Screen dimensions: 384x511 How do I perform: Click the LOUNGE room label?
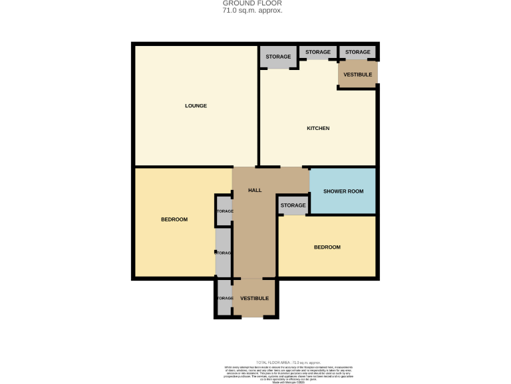tap(196, 105)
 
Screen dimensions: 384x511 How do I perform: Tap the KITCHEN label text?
tap(317, 128)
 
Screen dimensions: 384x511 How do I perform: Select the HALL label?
tap(254, 190)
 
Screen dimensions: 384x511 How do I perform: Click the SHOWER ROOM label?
tap(343, 191)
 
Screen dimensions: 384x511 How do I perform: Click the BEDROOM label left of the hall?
tap(174, 219)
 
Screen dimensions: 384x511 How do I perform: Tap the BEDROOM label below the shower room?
tap(327, 247)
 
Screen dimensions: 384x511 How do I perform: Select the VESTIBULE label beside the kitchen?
tap(357, 74)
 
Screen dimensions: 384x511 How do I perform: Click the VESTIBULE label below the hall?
tap(254, 298)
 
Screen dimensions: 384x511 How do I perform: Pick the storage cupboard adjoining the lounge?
tap(278, 57)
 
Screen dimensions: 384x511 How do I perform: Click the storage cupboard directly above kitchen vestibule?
tap(357, 52)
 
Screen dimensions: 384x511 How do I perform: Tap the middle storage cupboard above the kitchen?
tap(318, 52)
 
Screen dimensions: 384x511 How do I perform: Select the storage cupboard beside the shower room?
tap(293, 205)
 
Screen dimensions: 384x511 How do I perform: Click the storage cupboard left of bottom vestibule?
tap(224, 298)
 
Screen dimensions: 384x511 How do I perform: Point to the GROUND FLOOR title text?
tap(252, 3)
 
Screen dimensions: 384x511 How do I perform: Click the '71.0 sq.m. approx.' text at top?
tap(252, 11)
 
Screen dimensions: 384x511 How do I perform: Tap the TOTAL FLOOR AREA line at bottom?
tap(288, 361)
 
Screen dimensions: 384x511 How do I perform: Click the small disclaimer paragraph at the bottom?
tap(288, 373)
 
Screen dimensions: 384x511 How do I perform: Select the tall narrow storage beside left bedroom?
tap(223, 253)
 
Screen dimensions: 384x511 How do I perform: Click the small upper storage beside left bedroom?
tap(224, 211)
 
